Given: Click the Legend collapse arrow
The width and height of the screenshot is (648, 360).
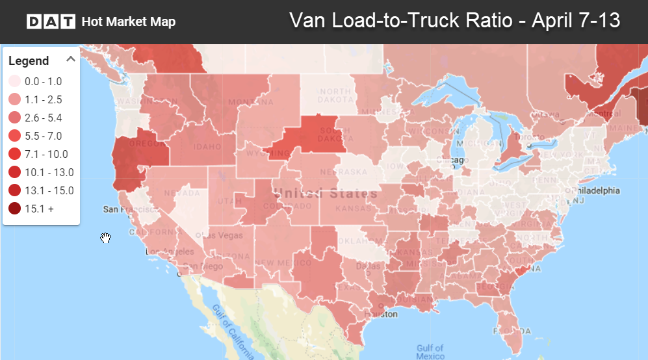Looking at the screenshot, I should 71,60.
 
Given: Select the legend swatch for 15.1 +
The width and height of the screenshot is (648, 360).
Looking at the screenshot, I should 14,209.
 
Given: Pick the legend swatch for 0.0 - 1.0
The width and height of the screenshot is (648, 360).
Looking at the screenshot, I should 14,81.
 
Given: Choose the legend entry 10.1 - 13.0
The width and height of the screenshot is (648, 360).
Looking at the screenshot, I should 49,172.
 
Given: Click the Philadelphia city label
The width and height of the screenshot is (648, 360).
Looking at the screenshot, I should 593,191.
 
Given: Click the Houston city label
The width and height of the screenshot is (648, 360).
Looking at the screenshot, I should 384,314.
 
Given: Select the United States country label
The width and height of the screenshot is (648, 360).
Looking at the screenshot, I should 325,194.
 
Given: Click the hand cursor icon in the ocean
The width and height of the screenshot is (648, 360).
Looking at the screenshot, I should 105,238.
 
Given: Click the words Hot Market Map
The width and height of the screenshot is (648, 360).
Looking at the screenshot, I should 129,22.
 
